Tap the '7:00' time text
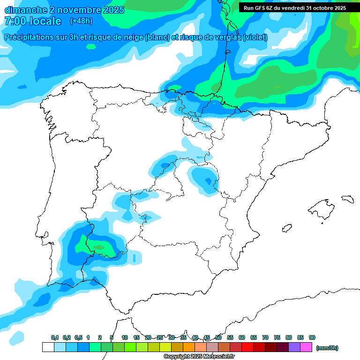pos(15,21)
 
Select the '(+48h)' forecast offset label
pos(81,21)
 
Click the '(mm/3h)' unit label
pos(327,348)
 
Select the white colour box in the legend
pos(48,347)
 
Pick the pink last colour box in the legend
pos(306,347)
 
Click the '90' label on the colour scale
pos(312,337)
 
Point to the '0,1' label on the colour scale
pos(54,337)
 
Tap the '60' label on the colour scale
pos(242,337)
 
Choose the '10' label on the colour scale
pos(125,337)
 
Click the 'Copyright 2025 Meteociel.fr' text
pos(199,357)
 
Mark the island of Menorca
pos(347,199)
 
